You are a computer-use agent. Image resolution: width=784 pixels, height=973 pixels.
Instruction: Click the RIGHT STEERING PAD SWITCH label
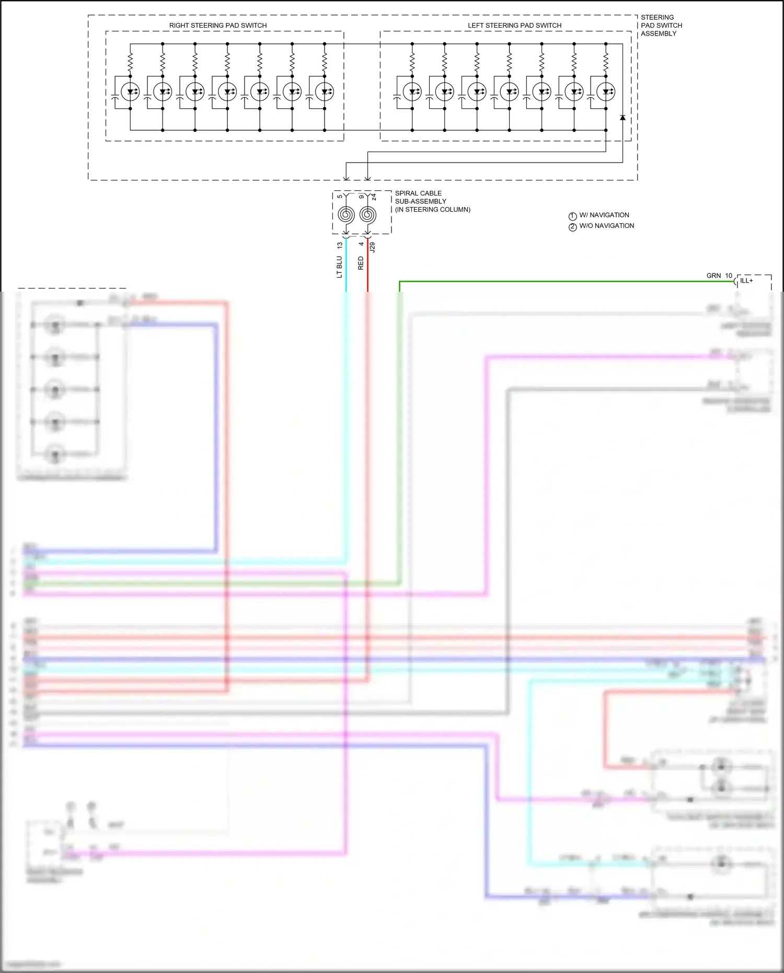[218, 25]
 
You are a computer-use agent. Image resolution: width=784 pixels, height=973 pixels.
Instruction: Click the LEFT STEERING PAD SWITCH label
[514, 25]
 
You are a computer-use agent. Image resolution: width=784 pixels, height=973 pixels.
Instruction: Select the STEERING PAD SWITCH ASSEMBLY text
[661, 25]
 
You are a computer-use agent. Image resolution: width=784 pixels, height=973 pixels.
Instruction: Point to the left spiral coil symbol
[346, 214]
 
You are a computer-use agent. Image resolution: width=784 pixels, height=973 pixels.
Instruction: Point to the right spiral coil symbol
[368, 214]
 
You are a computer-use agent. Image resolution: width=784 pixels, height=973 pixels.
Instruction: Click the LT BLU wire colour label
[339, 267]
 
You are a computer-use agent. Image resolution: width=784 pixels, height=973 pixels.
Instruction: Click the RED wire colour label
[361, 263]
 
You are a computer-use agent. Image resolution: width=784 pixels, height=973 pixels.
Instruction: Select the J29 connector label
[372, 247]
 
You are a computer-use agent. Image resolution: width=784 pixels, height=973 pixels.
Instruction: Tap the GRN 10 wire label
[719, 276]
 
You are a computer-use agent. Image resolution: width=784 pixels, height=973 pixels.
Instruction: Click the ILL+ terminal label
[746, 281]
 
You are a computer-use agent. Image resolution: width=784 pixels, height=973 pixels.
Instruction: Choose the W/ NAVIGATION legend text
[604, 215]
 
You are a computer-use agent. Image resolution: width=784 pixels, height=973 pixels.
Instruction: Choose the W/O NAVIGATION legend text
[606, 226]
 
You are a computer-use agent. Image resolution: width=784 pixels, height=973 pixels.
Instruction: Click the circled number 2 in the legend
[572, 227]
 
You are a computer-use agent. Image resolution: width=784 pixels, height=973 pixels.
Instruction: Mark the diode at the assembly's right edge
[622, 118]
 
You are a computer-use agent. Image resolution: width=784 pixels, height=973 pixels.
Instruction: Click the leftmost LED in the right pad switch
[130, 92]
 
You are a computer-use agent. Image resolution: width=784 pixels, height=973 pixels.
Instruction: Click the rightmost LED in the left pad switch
[606, 92]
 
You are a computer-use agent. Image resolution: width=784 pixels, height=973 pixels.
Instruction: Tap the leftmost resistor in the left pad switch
[412, 63]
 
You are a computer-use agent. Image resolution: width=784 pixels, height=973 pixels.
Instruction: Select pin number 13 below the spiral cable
[340, 245]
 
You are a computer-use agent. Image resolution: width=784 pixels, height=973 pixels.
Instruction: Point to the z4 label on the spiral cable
[374, 197]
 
